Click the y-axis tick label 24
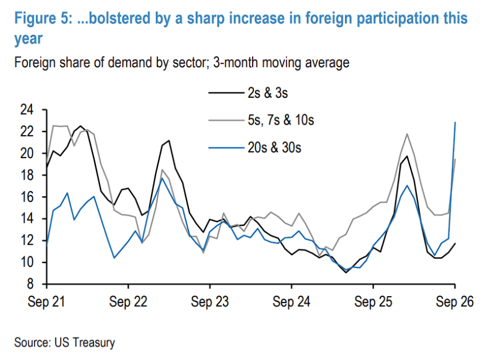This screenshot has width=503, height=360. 27,110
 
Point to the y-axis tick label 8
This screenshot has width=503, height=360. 30,284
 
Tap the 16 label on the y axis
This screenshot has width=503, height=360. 27,197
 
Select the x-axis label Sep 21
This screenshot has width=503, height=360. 47,302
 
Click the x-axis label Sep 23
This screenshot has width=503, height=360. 210,302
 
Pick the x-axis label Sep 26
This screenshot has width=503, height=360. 454,302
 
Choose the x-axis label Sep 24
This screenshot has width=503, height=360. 291,302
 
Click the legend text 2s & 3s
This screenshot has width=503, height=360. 268,93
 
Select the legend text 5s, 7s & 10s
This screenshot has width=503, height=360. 281,121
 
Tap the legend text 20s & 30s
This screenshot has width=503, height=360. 274,148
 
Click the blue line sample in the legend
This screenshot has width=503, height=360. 226,148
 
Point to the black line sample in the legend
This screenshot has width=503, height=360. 226,93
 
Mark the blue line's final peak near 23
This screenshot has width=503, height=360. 455,122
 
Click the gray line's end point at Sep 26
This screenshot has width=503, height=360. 455,159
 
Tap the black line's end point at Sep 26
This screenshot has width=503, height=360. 455,244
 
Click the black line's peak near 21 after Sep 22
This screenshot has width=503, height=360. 168,140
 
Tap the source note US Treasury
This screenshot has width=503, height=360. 85,342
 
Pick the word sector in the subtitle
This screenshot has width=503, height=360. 191,63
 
